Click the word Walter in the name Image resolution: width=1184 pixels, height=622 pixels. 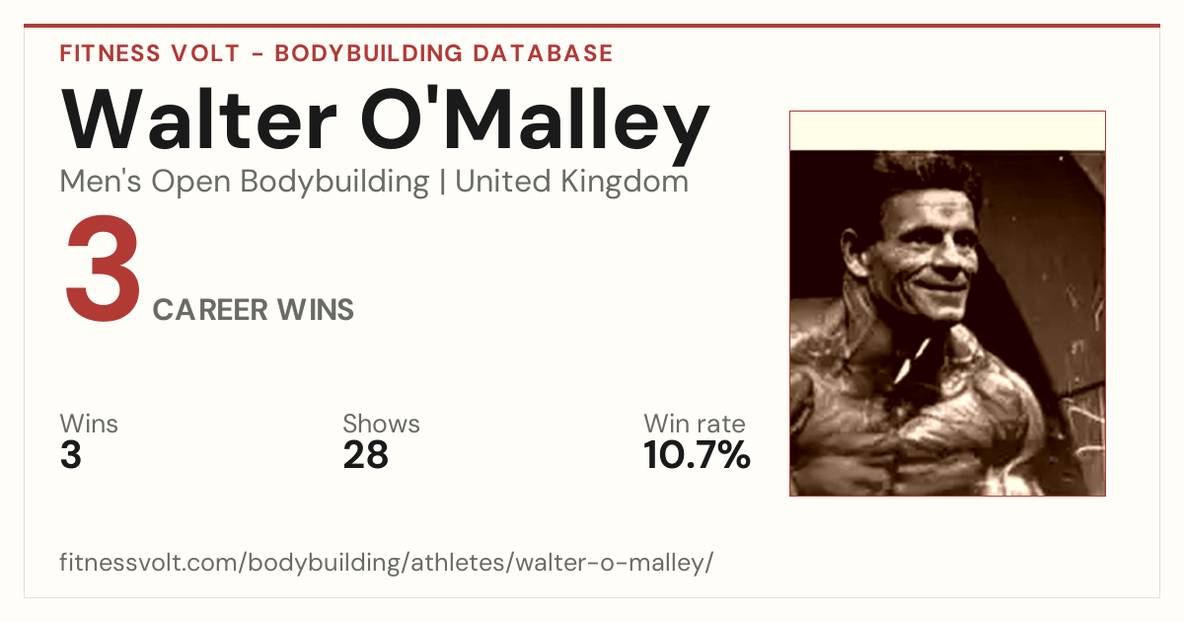tap(198, 118)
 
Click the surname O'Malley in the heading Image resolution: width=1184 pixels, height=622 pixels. tap(535, 124)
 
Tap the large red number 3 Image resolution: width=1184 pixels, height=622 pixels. tap(103, 268)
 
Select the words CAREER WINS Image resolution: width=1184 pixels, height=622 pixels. tap(254, 309)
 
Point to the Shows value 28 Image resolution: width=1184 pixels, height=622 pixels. tap(365, 455)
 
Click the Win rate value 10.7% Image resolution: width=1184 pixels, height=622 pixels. tap(697, 455)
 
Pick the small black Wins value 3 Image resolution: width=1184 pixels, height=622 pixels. tap(71, 455)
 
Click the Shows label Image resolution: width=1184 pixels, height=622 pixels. tap(381, 424)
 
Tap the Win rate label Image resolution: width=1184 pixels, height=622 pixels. tap(695, 424)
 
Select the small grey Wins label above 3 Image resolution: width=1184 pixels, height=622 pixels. tap(89, 424)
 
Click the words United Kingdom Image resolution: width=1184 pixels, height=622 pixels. tap(571, 182)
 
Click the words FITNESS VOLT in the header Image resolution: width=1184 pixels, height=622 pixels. tap(150, 53)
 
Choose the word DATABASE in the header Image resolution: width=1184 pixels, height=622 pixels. tap(543, 53)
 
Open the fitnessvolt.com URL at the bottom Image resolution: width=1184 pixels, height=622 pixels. tap(387, 562)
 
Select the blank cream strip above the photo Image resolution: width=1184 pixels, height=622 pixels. tap(947, 131)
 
